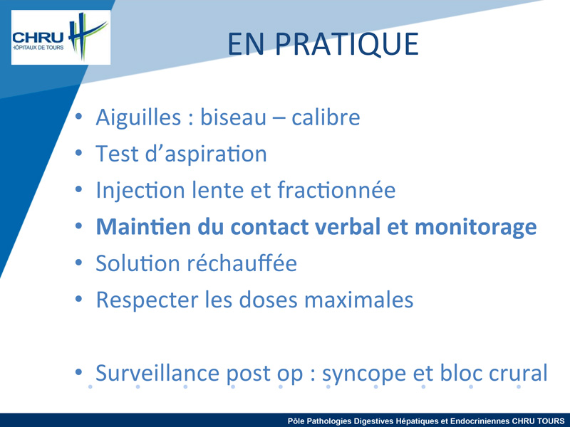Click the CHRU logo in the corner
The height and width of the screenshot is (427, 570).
pyautogui.click(x=61, y=38)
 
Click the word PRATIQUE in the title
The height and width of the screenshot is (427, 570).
pyautogui.click(x=346, y=44)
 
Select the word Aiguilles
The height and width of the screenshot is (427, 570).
pyautogui.click(x=138, y=118)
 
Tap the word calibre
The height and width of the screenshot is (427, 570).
pyautogui.click(x=326, y=117)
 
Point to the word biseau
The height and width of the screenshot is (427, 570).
pyautogui.click(x=233, y=117)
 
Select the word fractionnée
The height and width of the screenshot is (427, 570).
pyautogui.click(x=336, y=190)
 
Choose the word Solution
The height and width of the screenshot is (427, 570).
pyautogui.click(x=138, y=263)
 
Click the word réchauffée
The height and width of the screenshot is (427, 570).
pyautogui.click(x=242, y=263)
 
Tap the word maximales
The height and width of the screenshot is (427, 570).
pyautogui.click(x=358, y=300)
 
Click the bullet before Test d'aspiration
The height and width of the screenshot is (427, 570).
pyautogui.click(x=79, y=153)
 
